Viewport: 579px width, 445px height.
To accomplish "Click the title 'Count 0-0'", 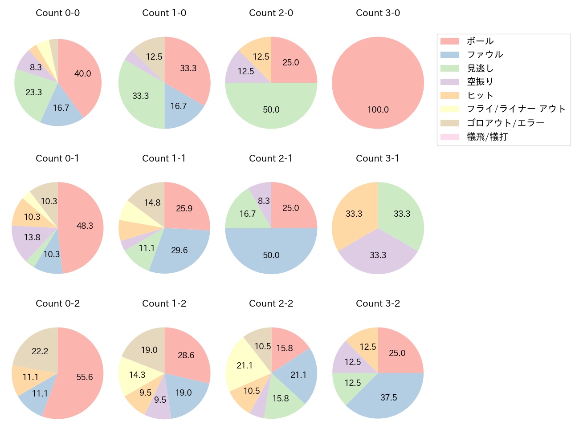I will [x=57, y=13].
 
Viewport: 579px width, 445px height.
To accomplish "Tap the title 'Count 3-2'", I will [x=378, y=303].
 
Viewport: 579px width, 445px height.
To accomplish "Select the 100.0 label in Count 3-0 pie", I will [x=378, y=109].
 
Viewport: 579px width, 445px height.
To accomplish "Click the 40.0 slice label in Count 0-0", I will [x=83, y=73].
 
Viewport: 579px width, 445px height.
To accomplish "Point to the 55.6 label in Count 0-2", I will [x=84, y=377].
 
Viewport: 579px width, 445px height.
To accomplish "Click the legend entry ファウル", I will [x=485, y=55].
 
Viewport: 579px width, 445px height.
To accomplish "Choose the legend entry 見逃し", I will [x=480, y=69].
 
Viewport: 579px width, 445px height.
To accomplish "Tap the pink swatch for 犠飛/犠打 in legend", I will [x=449, y=137].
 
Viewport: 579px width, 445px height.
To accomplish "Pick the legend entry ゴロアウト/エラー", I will [x=506, y=123].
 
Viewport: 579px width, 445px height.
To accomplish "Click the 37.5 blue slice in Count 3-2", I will [x=388, y=397].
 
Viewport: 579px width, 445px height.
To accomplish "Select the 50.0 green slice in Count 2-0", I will [x=271, y=109].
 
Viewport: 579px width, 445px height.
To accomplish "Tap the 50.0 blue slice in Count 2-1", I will [x=271, y=255].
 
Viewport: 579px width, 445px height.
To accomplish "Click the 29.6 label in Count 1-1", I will [x=179, y=250].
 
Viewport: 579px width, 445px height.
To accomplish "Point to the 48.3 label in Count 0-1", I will [x=85, y=226].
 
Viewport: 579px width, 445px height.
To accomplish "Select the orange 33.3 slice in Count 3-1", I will [x=354, y=214].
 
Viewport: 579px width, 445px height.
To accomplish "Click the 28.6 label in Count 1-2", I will [x=186, y=355].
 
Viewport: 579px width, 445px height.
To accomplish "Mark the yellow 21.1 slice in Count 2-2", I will [x=245, y=365].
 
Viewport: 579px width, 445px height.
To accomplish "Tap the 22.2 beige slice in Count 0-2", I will [x=40, y=351].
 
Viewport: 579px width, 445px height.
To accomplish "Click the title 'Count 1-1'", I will [x=164, y=158].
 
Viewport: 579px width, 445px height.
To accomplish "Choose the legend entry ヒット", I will [x=480, y=96].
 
